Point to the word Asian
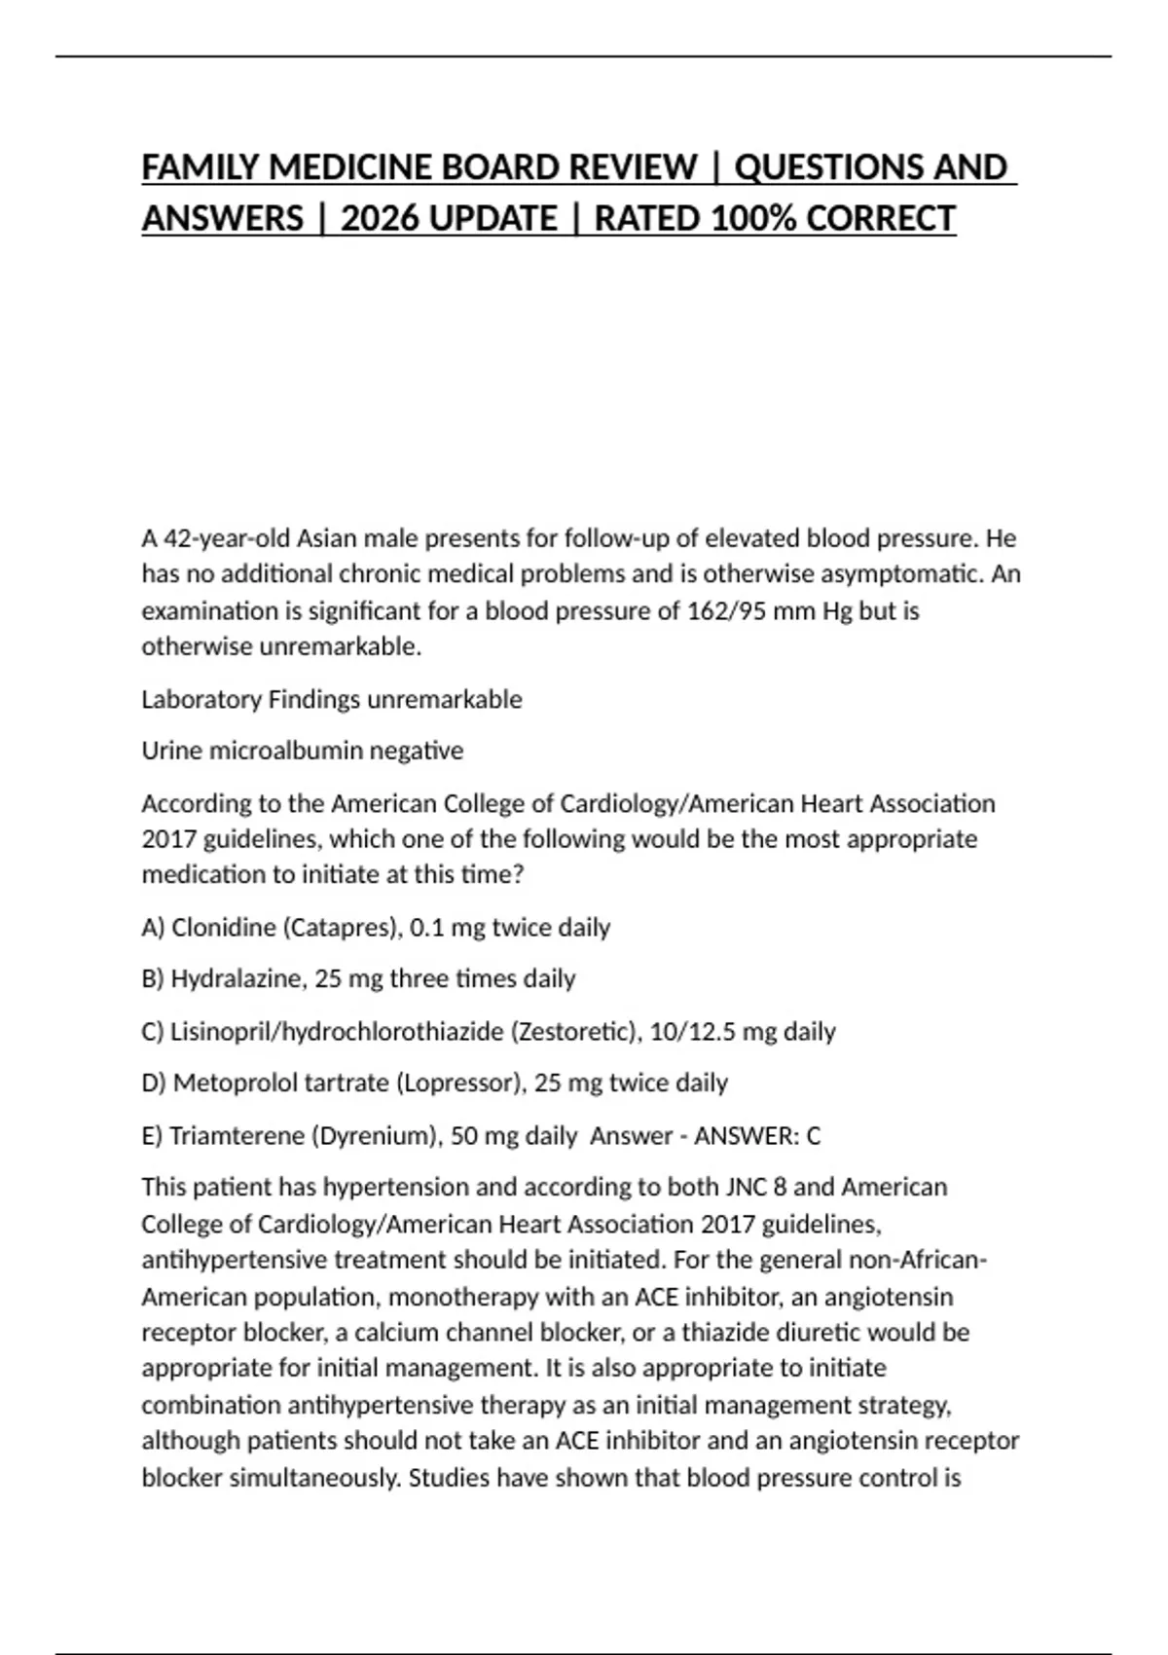click(326, 538)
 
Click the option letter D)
click(154, 1083)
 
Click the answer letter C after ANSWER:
click(814, 1135)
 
